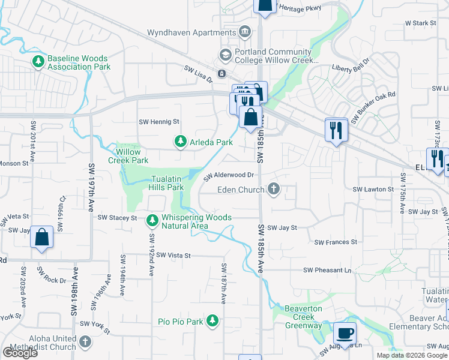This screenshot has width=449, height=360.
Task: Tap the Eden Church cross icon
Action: (x=274, y=190)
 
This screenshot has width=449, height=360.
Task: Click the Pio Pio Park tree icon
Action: (x=212, y=322)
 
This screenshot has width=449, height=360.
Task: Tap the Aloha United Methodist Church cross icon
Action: (x=85, y=342)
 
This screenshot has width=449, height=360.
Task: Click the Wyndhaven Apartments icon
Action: (x=245, y=31)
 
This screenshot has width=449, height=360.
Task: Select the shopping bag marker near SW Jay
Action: (x=42, y=237)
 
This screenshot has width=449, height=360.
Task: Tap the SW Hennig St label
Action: (x=159, y=122)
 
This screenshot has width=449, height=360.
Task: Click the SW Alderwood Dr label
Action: (x=229, y=175)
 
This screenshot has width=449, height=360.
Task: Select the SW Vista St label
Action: (x=171, y=256)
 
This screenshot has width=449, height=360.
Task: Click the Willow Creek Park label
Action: (x=128, y=156)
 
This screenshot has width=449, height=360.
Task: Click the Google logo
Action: (x=20, y=353)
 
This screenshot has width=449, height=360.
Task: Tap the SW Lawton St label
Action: (x=372, y=189)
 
